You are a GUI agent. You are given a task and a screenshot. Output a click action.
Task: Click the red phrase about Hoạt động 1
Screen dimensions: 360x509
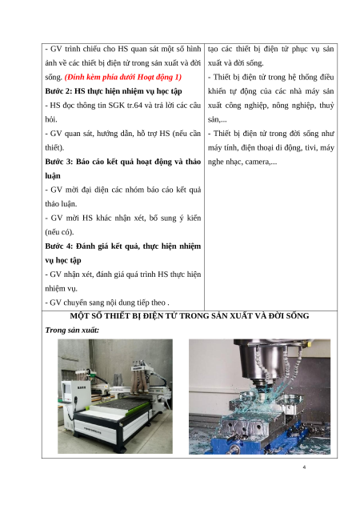point(123,78)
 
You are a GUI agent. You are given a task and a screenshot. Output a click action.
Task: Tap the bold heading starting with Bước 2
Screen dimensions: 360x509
point(114,91)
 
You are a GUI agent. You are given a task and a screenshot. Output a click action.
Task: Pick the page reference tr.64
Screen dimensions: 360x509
point(134,106)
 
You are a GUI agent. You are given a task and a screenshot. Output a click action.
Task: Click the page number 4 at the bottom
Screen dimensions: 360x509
point(304,467)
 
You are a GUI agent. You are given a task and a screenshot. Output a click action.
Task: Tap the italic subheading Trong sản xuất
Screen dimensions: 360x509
point(72,331)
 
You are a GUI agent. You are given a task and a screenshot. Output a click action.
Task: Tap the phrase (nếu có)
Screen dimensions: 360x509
point(59,232)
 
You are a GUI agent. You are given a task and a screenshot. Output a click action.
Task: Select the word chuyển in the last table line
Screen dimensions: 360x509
point(75,303)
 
